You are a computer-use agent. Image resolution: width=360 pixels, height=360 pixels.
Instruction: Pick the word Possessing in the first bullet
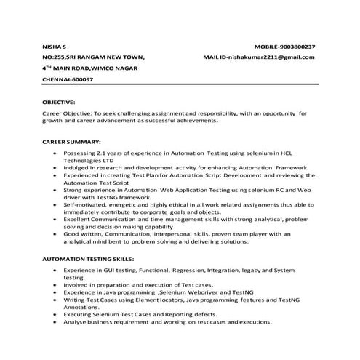click(x=79, y=154)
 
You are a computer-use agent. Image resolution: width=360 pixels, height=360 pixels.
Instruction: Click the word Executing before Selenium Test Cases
click(x=79, y=313)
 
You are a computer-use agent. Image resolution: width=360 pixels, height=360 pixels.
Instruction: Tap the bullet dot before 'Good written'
click(x=56, y=235)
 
